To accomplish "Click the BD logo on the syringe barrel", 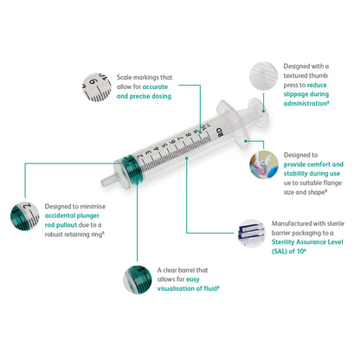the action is point(220,132).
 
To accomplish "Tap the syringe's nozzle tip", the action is point(103,183).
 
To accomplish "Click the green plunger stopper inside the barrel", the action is point(133,170).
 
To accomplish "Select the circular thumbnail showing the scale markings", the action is point(97,87).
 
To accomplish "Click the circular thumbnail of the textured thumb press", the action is point(263,76).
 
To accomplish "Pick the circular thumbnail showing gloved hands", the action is point(264,164).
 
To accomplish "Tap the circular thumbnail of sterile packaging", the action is point(251,234).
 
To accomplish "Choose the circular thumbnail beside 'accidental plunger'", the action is point(24,216).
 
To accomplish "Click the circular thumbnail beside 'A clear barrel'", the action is point(138,280).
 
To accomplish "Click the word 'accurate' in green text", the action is point(155,87).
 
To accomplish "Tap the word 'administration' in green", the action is point(305,104).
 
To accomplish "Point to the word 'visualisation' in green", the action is point(177,289).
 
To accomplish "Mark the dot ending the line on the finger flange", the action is point(246,141).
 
